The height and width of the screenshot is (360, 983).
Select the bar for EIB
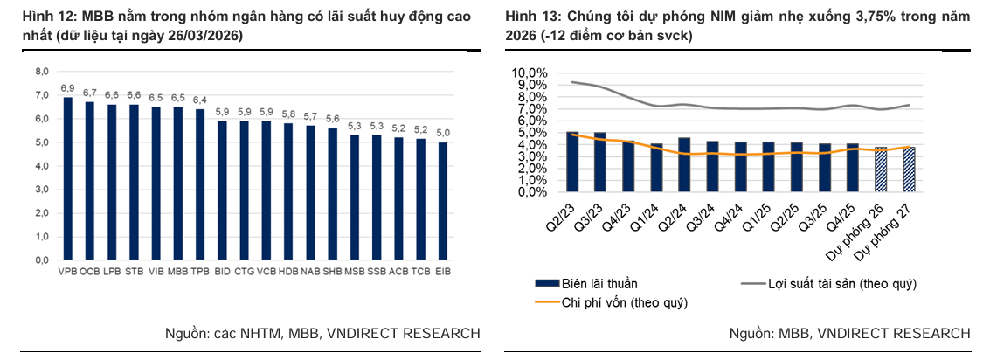(442, 200)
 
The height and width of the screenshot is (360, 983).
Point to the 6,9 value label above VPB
(67, 89)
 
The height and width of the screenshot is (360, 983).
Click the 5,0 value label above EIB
(442, 134)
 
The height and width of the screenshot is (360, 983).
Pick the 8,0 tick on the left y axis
(41, 72)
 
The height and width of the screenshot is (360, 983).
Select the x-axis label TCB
(420, 272)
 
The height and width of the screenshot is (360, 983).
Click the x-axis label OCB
(89, 272)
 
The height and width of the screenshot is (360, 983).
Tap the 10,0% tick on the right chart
(528, 73)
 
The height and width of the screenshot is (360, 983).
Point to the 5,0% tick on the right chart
(530, 133)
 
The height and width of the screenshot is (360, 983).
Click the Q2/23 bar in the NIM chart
(572, 162)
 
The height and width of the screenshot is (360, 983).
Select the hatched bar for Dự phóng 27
(908, 170)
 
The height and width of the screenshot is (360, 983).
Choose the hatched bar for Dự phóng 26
(881, 170)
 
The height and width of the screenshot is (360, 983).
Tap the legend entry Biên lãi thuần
(599, 284)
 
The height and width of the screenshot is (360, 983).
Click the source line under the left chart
(322, 333)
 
